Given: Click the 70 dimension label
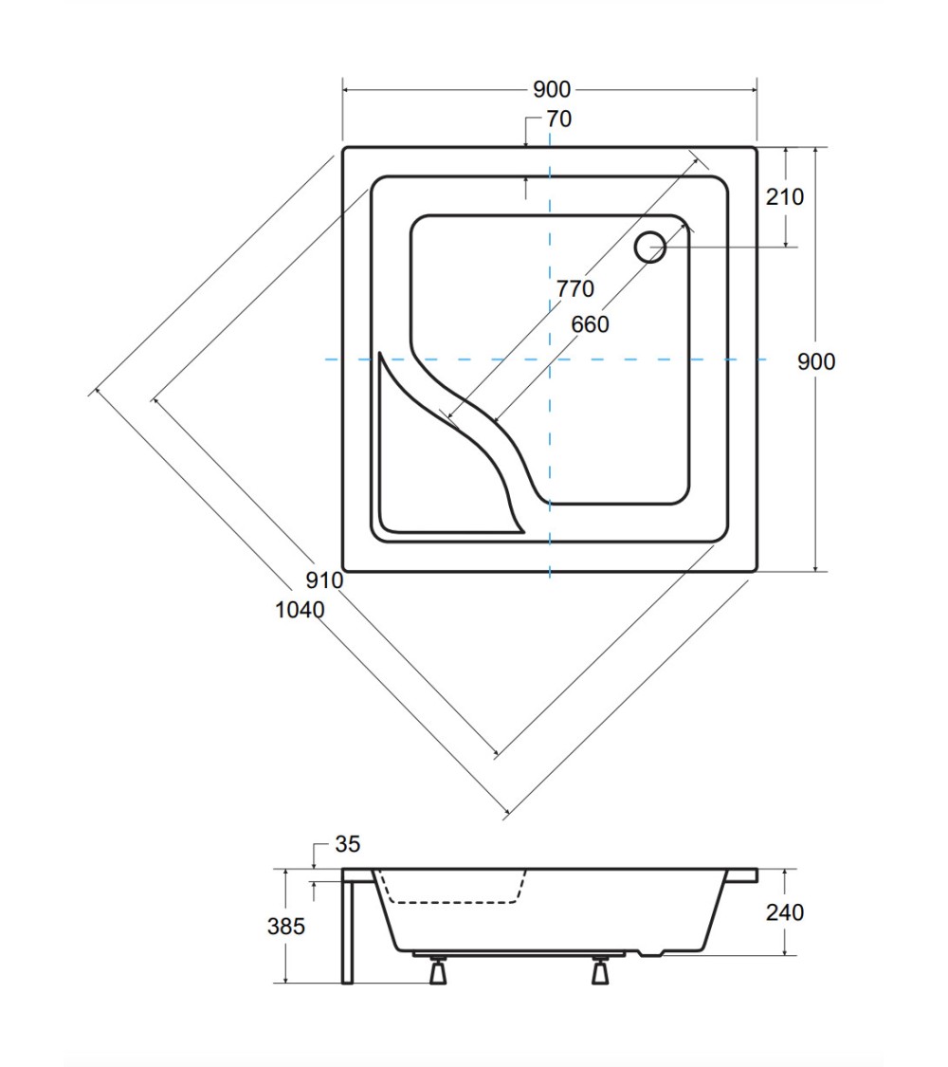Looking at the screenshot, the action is click(x=559, y=120).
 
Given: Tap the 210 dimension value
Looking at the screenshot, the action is click(x=785, y=196).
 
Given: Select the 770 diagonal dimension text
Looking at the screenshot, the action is click(x=575, y=288).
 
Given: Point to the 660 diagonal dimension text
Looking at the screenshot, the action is click(x=590, y=324).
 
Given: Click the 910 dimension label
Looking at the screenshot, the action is click(x=324, y=580).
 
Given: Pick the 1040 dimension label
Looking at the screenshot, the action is click(x=300, y=610).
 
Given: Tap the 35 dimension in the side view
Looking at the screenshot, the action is click(x=348, y=844).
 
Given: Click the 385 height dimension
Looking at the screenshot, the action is click(x=285, y=926).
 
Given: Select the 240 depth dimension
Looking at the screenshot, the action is click(x=785, y=911).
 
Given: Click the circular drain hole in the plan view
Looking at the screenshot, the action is click(x=650, y=247).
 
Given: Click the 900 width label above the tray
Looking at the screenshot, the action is click(x=552, y=89).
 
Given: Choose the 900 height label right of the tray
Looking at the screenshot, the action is click(x=816, y=361).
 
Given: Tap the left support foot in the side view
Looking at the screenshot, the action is click(x=437, y=969).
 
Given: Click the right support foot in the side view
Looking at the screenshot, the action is click(x=599, y=969).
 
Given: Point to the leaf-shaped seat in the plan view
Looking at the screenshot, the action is click(x=422, y=476).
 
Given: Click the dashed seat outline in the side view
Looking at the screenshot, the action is click(x=452, y=902).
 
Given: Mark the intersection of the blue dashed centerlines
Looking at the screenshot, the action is click(x=550, y=359).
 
